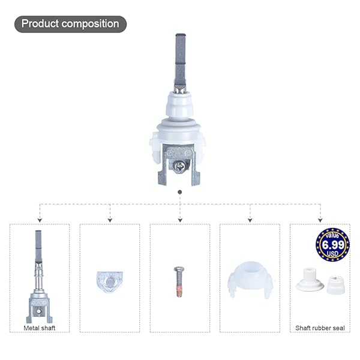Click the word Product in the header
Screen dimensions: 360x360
coord(40,24)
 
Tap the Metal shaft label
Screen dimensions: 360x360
coord(40,328)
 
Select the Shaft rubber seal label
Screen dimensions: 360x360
coord(320,328)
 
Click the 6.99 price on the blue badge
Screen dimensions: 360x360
coord(333,245)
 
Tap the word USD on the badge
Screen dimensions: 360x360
coord(332,254)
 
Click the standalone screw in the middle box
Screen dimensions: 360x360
coord(179,282)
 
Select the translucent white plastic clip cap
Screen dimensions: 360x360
coord(250,280)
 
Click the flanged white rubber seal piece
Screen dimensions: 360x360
coord(310,279)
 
